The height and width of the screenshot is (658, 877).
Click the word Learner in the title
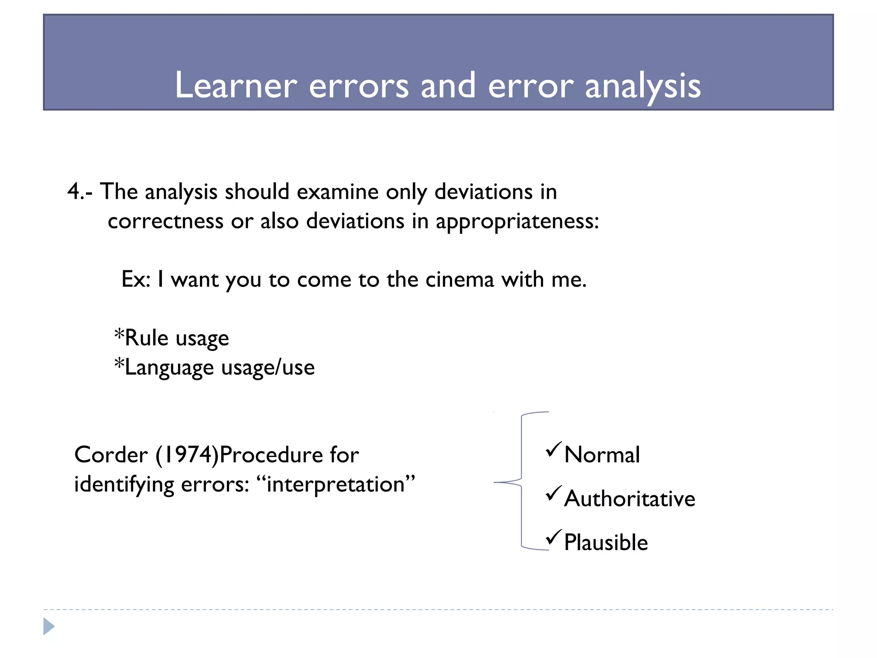236,85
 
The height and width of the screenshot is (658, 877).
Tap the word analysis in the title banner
642,86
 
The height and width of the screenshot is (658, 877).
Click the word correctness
165,221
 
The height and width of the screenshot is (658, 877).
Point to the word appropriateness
516,222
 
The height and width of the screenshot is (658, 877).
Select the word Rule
146,338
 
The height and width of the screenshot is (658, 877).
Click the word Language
169,368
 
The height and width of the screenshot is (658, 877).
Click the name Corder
111,455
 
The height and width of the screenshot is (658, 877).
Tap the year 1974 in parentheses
187,455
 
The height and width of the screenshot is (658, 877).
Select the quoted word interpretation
336,485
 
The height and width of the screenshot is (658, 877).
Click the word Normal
602,455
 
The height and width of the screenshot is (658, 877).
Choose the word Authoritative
629,499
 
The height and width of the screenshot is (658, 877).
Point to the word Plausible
606,542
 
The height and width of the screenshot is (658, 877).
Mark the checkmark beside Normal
553,449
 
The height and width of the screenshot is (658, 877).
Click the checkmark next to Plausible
553,537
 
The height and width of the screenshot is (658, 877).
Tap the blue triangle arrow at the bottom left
49,626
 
